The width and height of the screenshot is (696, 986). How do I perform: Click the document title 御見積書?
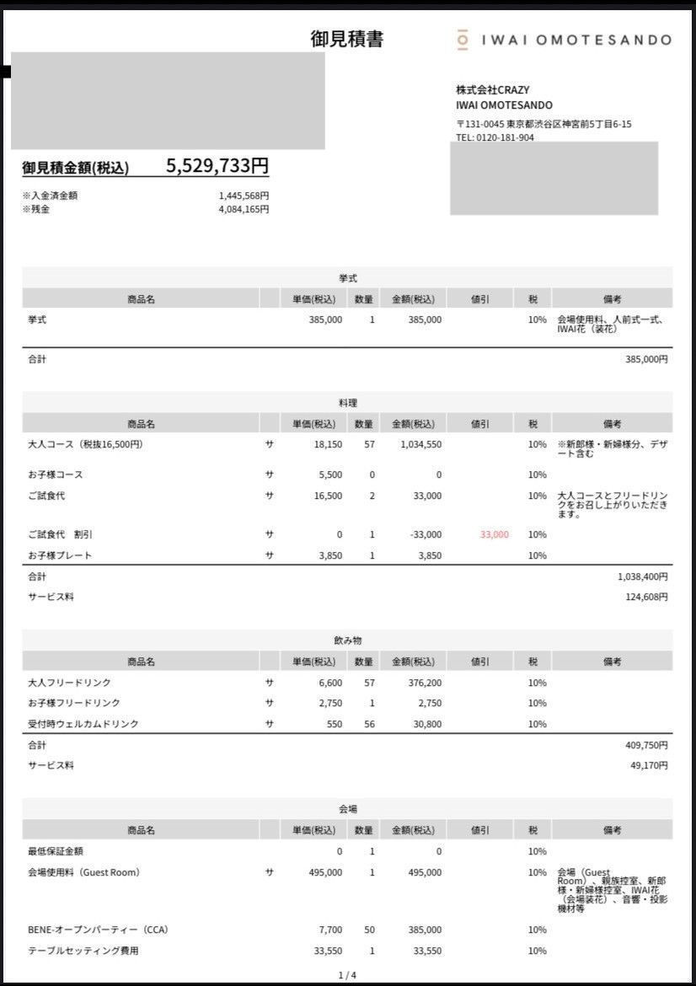[x=347, y=40]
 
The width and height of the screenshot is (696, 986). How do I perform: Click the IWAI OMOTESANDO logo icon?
[x=462, y=40]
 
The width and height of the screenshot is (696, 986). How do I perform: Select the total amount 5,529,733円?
[x=217, y=166]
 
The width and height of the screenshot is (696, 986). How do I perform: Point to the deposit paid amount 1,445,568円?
[x=244, y=196]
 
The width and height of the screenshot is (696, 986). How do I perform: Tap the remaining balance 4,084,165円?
[x=244, y=209]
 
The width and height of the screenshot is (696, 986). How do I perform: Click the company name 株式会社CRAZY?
[x=493, y=90]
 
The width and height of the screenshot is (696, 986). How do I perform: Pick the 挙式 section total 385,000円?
[x=646, y=359]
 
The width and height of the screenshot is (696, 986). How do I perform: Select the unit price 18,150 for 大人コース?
[x=324, y=444]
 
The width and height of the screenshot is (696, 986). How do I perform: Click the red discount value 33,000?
[x=495, y=534]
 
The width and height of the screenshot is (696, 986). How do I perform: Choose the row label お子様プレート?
[x=60, y=555]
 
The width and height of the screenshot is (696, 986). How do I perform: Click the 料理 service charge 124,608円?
[x=646, y=597]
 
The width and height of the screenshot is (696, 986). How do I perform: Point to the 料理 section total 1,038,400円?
[x=643, y=576]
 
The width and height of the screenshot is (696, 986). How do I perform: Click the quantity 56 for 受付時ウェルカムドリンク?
[x=369, y=724]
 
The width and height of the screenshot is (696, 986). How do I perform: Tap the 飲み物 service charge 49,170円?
[x=649, y=765]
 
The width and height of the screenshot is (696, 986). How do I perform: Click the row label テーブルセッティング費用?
[x=83, y=951]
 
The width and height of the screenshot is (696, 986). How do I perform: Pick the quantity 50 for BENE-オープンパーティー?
[x=369, y=930]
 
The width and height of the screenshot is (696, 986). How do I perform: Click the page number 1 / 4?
[x=347, y=975]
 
